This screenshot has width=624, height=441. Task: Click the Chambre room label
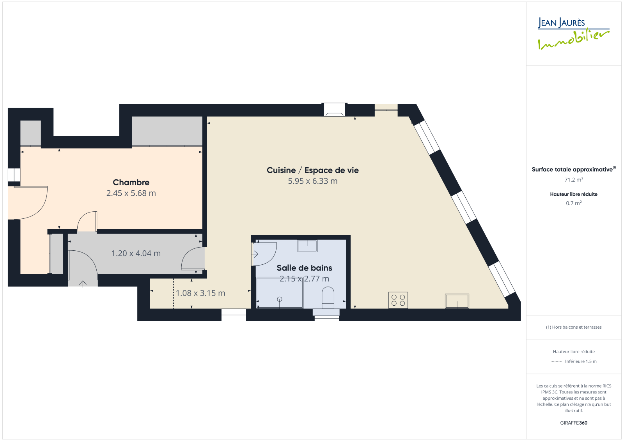tap(131, 182)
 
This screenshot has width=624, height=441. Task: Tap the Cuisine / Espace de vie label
tap(312, 170)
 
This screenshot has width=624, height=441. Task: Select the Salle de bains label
tap(304, 268)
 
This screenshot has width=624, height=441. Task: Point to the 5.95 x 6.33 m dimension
tap(312, 181)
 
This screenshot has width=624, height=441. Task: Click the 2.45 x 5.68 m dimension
tap(131, 193)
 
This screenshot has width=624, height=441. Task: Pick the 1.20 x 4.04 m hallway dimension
tap(136, 253)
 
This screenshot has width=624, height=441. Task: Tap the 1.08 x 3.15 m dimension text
tap(200, 293)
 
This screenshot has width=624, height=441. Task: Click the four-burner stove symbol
tap(398, 300)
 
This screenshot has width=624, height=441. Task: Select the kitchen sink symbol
tap(457, 301)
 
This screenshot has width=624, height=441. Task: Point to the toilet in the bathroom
tap(328, 298)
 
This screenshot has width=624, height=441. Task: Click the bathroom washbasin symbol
tap(307, 246)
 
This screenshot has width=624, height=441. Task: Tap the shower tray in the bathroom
tap(279, 293)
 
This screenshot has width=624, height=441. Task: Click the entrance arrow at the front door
tap(83, 284)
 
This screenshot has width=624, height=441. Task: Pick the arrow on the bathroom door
tap(255, 254)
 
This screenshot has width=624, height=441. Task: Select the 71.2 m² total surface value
tap(574, 180)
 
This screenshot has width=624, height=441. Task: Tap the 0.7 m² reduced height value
tap(574, 203)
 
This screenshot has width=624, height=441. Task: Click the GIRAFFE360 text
tap(574, 423)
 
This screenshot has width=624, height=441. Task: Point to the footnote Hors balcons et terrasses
tap(574, 327)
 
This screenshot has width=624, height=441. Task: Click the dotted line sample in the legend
tap(556, 361)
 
